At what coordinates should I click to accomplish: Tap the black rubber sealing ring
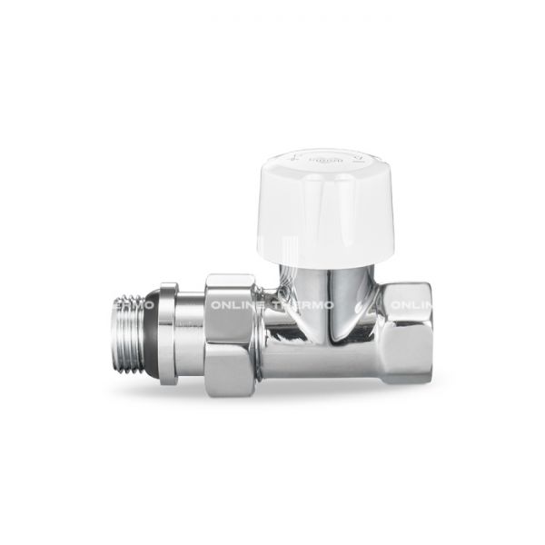(170, 332)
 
